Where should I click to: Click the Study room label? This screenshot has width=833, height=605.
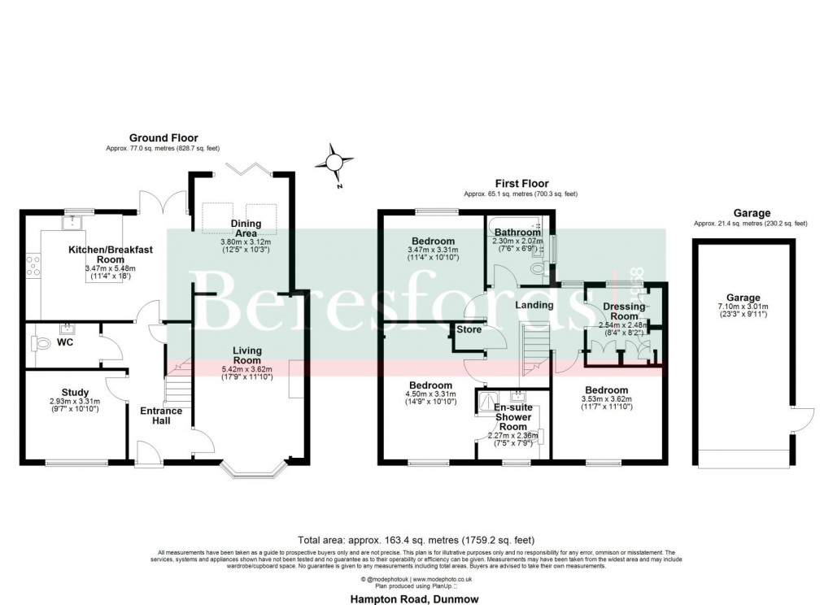(75, 393)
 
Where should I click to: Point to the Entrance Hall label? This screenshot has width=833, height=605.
(160, 416)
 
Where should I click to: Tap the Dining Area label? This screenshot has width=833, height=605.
(245, 229)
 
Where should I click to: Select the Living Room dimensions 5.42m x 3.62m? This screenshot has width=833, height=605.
(247, 368)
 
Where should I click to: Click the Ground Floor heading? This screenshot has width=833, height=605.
(164, 138)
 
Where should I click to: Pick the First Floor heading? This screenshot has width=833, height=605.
(521, 184)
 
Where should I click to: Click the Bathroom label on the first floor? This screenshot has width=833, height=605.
(517, 233)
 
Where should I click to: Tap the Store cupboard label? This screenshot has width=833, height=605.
(469, 329)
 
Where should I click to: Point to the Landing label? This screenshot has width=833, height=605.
(534, 305)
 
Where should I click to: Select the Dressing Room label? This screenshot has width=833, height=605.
(625, 311)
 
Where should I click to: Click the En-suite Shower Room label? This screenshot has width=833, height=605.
(513, 416)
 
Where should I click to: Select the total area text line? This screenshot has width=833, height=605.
(416, 539)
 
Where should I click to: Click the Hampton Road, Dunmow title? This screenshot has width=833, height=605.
(416, 598)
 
